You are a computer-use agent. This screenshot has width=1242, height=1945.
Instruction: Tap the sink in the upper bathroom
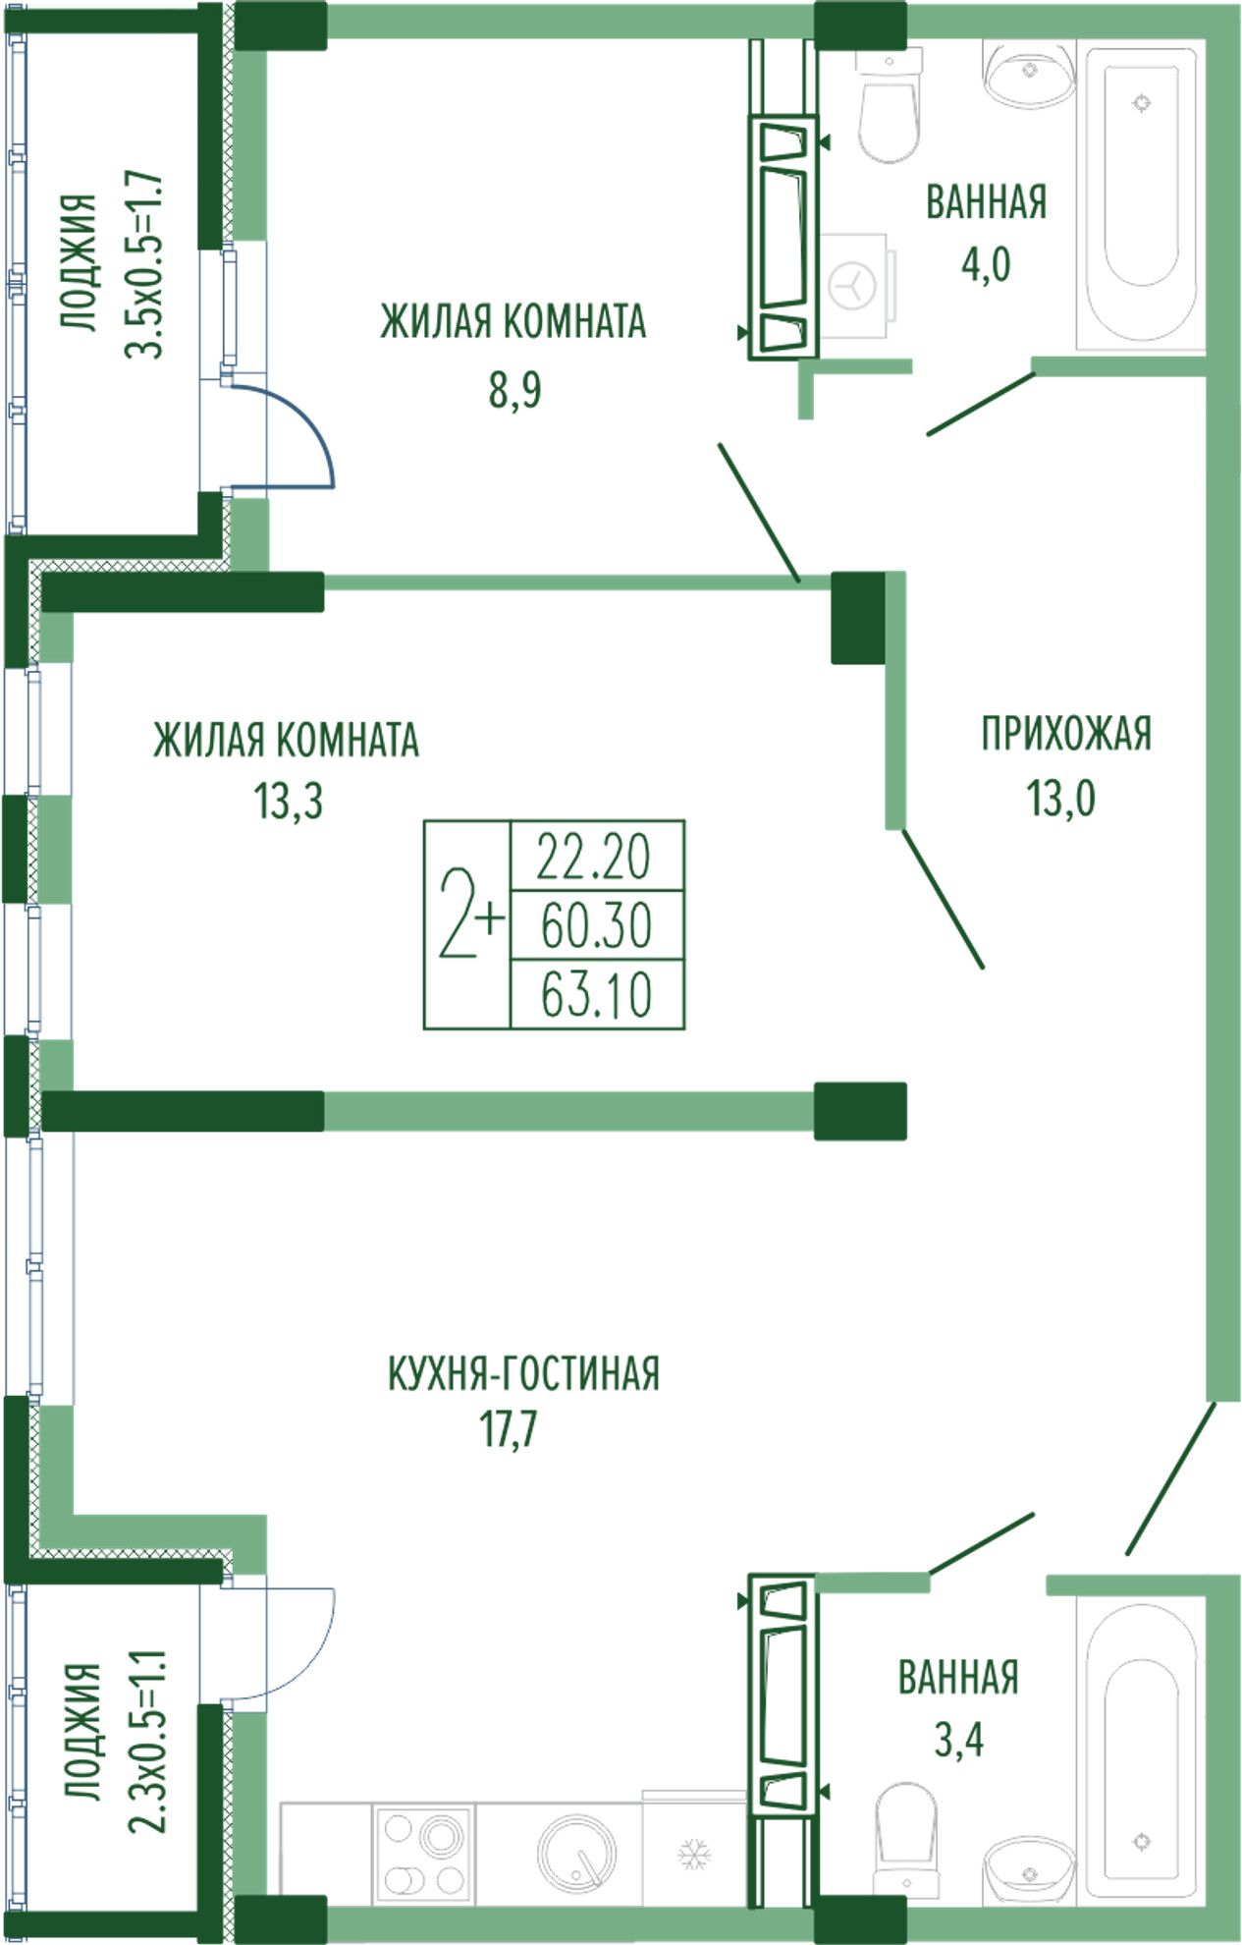coord(1029,72)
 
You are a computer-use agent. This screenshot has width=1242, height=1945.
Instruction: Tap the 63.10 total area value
coord(596,995)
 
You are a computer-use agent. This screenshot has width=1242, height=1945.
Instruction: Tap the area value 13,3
coord(290,803)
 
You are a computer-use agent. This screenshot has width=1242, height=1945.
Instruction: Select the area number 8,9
coord(515,390)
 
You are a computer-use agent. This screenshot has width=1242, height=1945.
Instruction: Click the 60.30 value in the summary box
coord(596,925)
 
